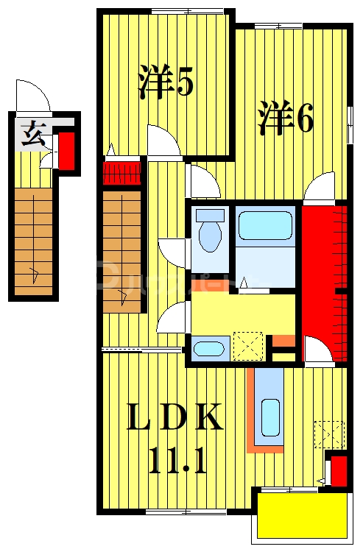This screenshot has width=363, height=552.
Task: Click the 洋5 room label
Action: tap(166, 82)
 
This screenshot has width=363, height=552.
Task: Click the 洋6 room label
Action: tap(286, 118)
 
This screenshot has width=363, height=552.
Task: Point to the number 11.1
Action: tap(176, 462)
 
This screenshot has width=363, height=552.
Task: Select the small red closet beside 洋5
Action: tap(121, 173)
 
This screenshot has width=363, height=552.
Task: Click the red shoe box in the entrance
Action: tap(66, 151)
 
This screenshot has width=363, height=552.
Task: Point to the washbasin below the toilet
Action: tap(211, 349)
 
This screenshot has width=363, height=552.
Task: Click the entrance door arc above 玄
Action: tap(32, 97)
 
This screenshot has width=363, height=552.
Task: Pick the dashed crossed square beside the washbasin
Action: tap(247, 345)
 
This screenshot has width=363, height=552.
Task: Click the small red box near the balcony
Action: tap(339, 472)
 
